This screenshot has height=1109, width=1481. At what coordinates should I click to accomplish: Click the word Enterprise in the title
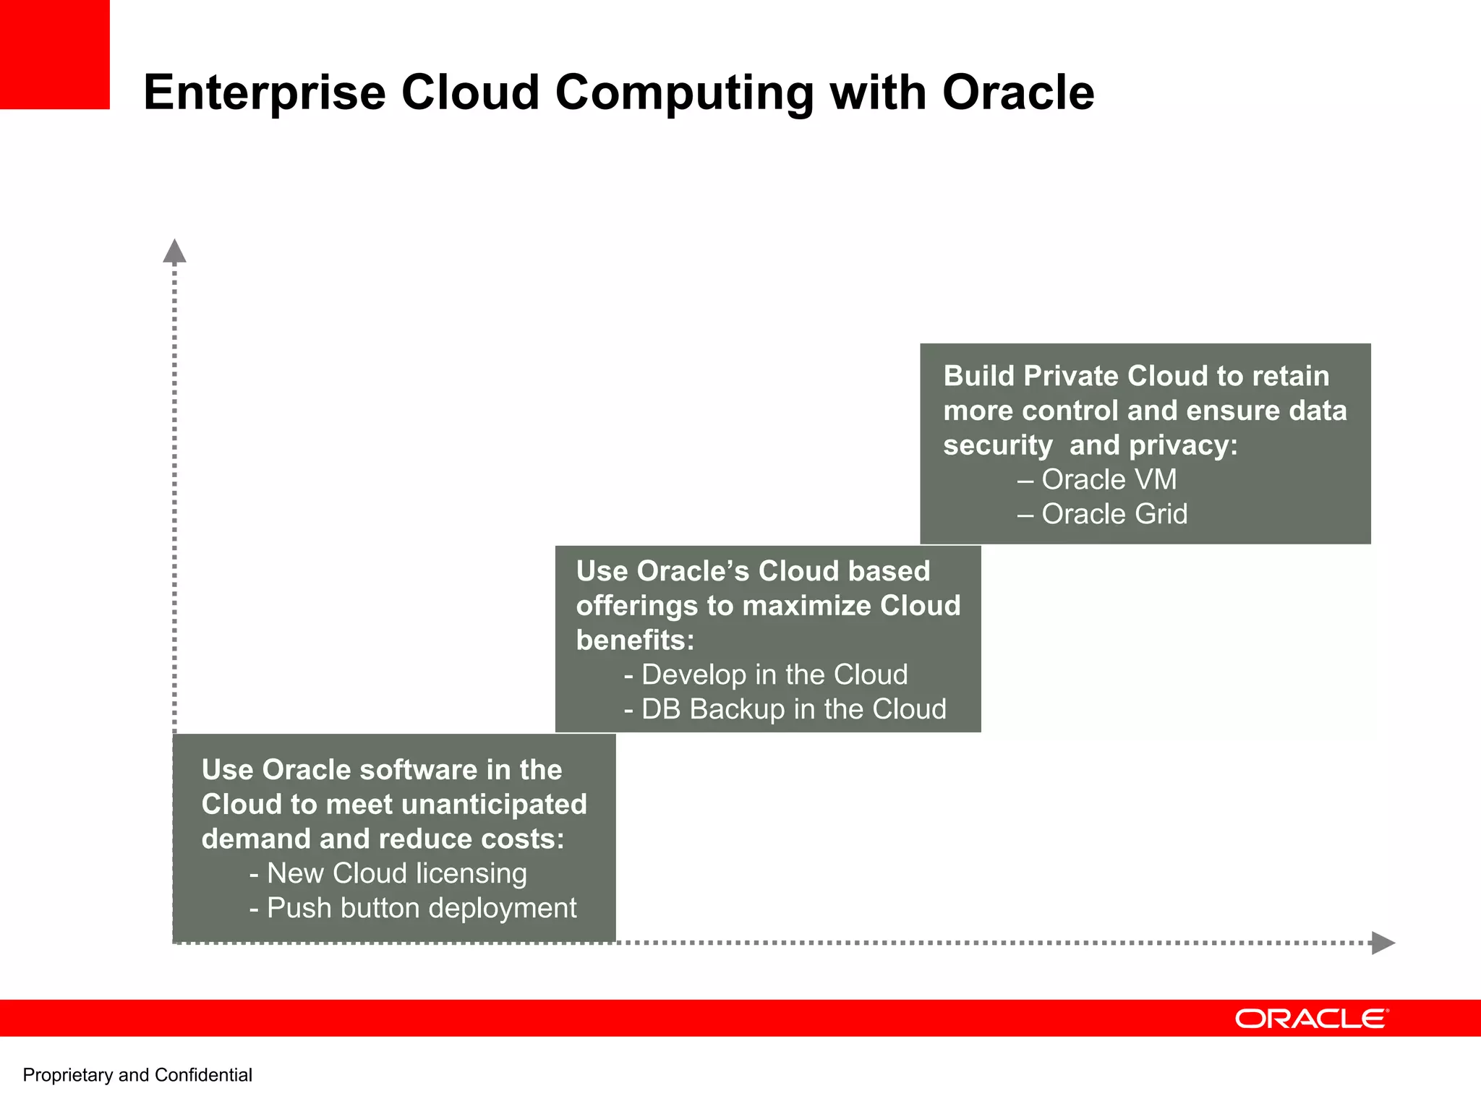pyautogui.click(x=265, y=93)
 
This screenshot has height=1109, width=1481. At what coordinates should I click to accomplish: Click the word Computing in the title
pyautogui.click(x=683, y=93)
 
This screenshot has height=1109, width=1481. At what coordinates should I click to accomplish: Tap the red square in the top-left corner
pyautogui.click(x=54, y=54)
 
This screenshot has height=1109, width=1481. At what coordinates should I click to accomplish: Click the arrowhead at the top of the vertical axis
pyautogui.click(x=174, y=251)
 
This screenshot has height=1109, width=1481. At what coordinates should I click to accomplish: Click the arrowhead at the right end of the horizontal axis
pyautogui.click(x=1383, y=943)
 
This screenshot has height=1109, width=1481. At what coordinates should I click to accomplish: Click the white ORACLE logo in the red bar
pyautogui.click(x=1311, y=1019)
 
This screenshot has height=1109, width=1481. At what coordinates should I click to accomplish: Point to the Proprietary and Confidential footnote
pyautogui.click(x=137, y=1075)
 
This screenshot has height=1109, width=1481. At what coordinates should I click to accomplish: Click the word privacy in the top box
pyautogui.click(x=1182, y=445)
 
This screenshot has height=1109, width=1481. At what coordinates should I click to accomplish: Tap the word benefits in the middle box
pyautogui.click(x=634, y=640)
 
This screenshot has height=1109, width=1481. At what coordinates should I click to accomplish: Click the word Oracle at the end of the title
pyautogui.click(x=1018, y=93)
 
